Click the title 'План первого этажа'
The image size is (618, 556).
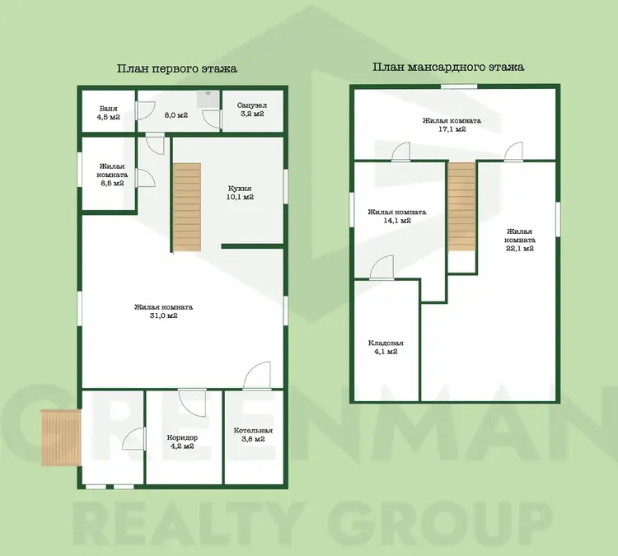tap(177, 68)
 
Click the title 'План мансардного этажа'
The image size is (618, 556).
tap(448, 67)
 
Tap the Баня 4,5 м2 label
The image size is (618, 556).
tap(109, 113)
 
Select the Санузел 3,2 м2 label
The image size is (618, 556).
tap(252, 110)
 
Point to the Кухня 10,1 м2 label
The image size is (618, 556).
tap(240, 193)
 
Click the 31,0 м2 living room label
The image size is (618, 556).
tap(164, 311)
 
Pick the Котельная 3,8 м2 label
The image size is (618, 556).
tap(253, 435)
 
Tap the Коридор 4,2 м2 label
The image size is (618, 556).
tap(182, 442)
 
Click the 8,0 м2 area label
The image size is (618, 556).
tap(176, 115)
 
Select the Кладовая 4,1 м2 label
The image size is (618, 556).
tap(386, 347)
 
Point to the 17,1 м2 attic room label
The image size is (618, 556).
tap(452, 124)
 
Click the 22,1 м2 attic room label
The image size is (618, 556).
tap(520, 240)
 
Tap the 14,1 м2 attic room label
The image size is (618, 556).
tap(397, 217)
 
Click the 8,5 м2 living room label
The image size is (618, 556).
tap(113, 175)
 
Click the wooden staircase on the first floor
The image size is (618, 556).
tap(187, 208)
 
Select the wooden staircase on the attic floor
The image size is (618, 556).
tap(461, 207)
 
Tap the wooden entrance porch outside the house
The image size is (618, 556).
tap(61, 437)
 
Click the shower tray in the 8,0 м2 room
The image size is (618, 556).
tap(209, 98)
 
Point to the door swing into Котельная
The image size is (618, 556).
tap(257, 376)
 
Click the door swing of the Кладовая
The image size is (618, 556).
tap(382, 268)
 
